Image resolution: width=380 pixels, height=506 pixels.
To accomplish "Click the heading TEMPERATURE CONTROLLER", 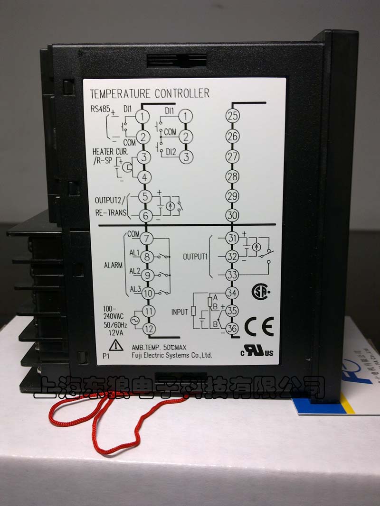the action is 150,93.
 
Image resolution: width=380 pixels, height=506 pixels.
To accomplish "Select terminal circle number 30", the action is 232,215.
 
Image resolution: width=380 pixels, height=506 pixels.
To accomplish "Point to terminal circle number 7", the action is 147,239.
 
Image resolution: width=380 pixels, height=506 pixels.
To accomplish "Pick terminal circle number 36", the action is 232,328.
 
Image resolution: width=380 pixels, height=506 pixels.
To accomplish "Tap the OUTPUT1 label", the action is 196,257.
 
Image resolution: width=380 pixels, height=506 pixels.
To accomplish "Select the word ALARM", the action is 114,266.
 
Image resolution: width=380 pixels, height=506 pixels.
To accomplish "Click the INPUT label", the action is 180,311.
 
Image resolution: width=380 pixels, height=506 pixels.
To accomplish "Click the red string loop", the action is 119,413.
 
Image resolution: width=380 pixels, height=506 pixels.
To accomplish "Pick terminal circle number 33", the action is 232,275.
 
